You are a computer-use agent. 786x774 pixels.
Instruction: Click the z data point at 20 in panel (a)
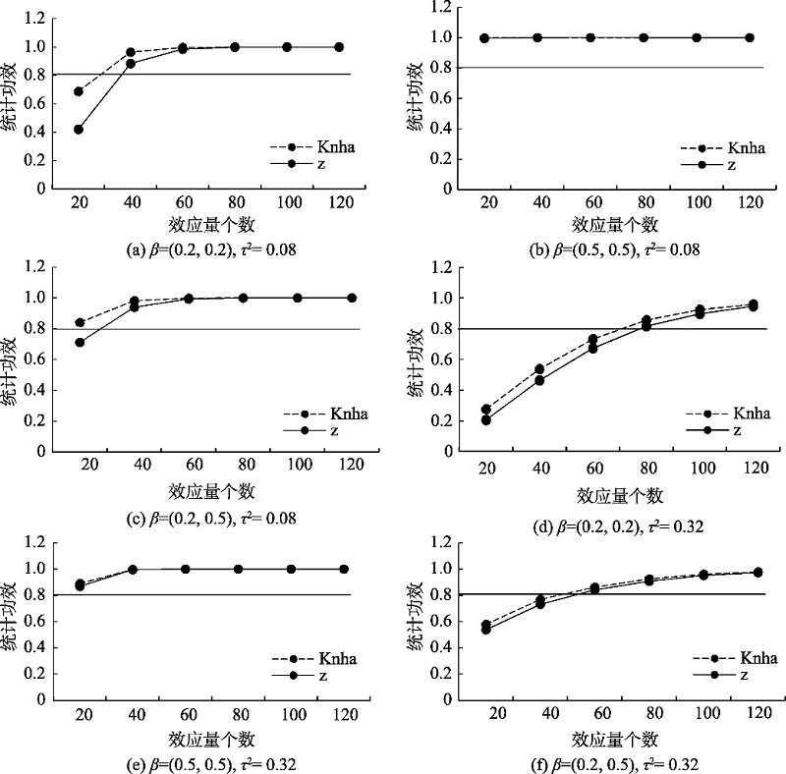click(79, 129)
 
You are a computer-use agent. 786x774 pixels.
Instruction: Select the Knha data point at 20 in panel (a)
click(79, 91)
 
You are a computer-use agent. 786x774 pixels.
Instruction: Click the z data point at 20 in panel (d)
click(485, 419)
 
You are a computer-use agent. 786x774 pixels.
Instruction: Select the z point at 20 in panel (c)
click(79, 343)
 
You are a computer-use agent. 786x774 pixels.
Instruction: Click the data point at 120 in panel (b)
click(750, 37)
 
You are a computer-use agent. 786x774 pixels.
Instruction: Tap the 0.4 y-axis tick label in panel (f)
click(430, 647)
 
